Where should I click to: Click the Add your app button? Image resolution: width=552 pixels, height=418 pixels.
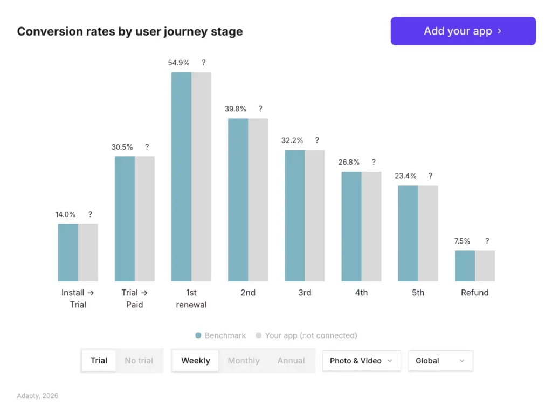pyautogui.click(x=463, y=31)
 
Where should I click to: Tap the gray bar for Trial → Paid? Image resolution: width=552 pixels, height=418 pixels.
pyautogui.click(x=144, y=219)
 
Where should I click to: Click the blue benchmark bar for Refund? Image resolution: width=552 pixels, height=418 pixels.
pyautogui.click(x=465, y=266)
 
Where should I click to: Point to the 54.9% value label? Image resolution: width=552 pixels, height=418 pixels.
pyautogui.click(x=179, y=63)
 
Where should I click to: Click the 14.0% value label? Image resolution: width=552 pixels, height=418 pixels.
pyautogui.click(x=65, y=214)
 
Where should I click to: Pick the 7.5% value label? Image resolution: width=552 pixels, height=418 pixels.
pyautogui.click(x=462, y=241)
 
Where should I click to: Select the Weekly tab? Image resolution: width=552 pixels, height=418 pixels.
pyautogui.click(x=195, y=361)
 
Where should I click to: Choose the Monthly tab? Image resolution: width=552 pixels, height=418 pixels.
pyautogui.click(x=244, y=361)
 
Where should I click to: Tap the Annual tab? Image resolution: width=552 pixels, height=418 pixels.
pyautogui.click(x=291, y=361)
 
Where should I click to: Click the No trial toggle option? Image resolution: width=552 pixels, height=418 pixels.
pyautogui.click(x=139, y=361)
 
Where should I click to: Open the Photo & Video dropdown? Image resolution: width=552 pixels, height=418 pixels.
pyautogui.click(x=361, y=361)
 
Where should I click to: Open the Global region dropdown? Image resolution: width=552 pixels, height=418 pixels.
pyautogui.click(x=440, y=361)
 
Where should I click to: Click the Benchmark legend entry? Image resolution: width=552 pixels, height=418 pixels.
pyautogui.click(x=220, y=335)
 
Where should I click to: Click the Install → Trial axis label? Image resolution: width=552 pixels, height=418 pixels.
pyautogui.click(x=78, y=299)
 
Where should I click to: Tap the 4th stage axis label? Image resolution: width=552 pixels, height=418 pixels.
pyautogui.click(x=361, y=293)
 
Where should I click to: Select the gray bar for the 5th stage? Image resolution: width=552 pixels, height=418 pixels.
pyautogui.click(x=428, y=233)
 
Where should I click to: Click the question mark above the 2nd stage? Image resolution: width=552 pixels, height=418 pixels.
pyautogui.click(x=260, y=109)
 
